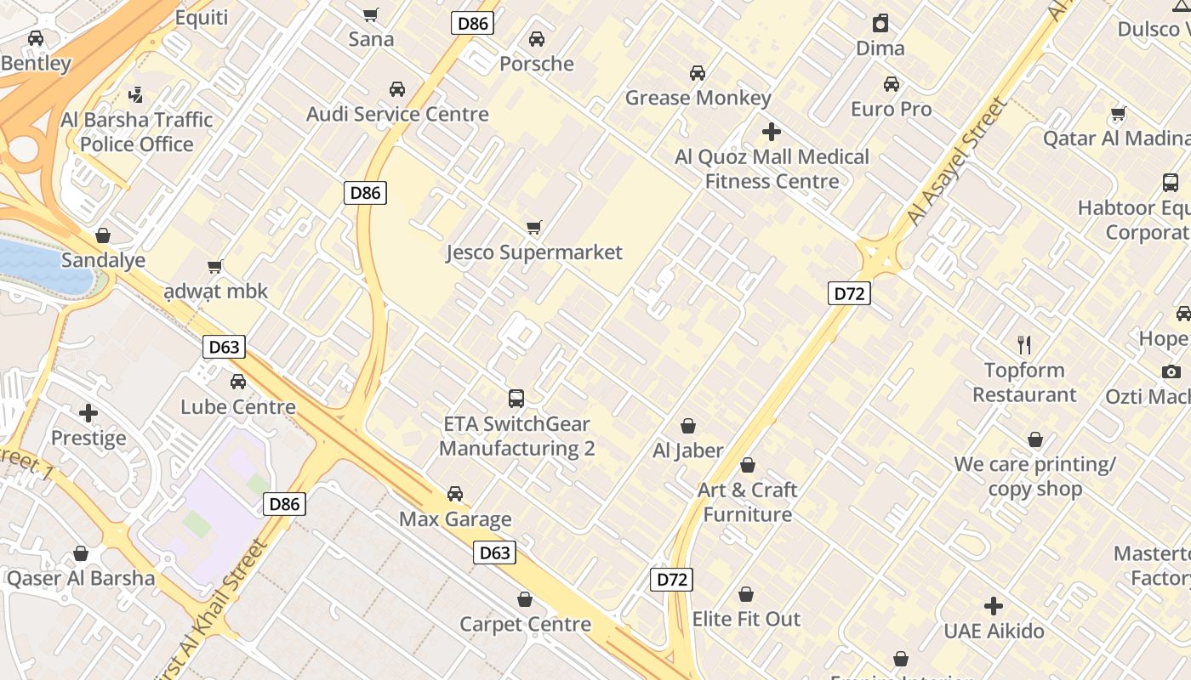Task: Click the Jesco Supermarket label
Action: (534, 252)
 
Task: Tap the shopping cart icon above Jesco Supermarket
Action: (534, 227)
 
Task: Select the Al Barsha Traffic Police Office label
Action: (137, 132)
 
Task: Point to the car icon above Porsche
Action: (537, 39)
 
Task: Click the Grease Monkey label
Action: (698, 98)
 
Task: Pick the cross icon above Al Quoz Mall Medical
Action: (772, 132)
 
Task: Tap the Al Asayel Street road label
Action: (957, 161)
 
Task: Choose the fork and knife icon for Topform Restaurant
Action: (1024, 345)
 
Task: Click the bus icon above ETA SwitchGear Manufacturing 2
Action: (516, 398)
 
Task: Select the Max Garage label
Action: (455, 519)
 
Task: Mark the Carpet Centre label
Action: (525, 624)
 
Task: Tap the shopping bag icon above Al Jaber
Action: (687, 426)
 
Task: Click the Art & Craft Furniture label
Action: (748, 501)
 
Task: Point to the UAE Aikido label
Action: (994, 632)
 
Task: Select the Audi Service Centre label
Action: (397, 114)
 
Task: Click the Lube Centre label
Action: (238, 406)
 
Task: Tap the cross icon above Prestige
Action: (88, 413)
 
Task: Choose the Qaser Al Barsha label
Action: (81, 579)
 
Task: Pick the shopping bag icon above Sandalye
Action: (103, 235)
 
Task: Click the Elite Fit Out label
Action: (746, 619)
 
